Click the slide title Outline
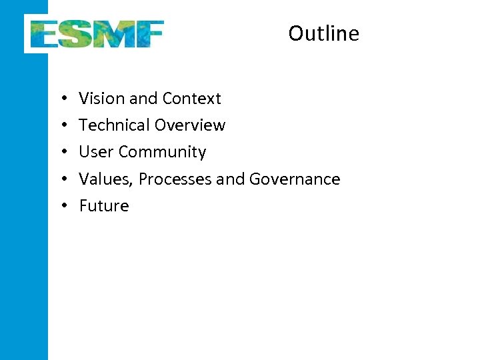pos(323,33)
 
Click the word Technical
pos(114,125)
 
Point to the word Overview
pos(190,125)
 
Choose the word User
pos(96,152)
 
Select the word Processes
pos(175,179)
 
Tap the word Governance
pos(294,179)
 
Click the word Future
pos(104,205)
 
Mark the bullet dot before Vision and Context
pos(61,99)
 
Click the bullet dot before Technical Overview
pos(61,125)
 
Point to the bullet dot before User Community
pos(61,152)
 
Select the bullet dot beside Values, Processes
pos(61,179)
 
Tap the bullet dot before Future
pos(61,205)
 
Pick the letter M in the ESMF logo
pos(113,34)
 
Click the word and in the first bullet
pos(143,99)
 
